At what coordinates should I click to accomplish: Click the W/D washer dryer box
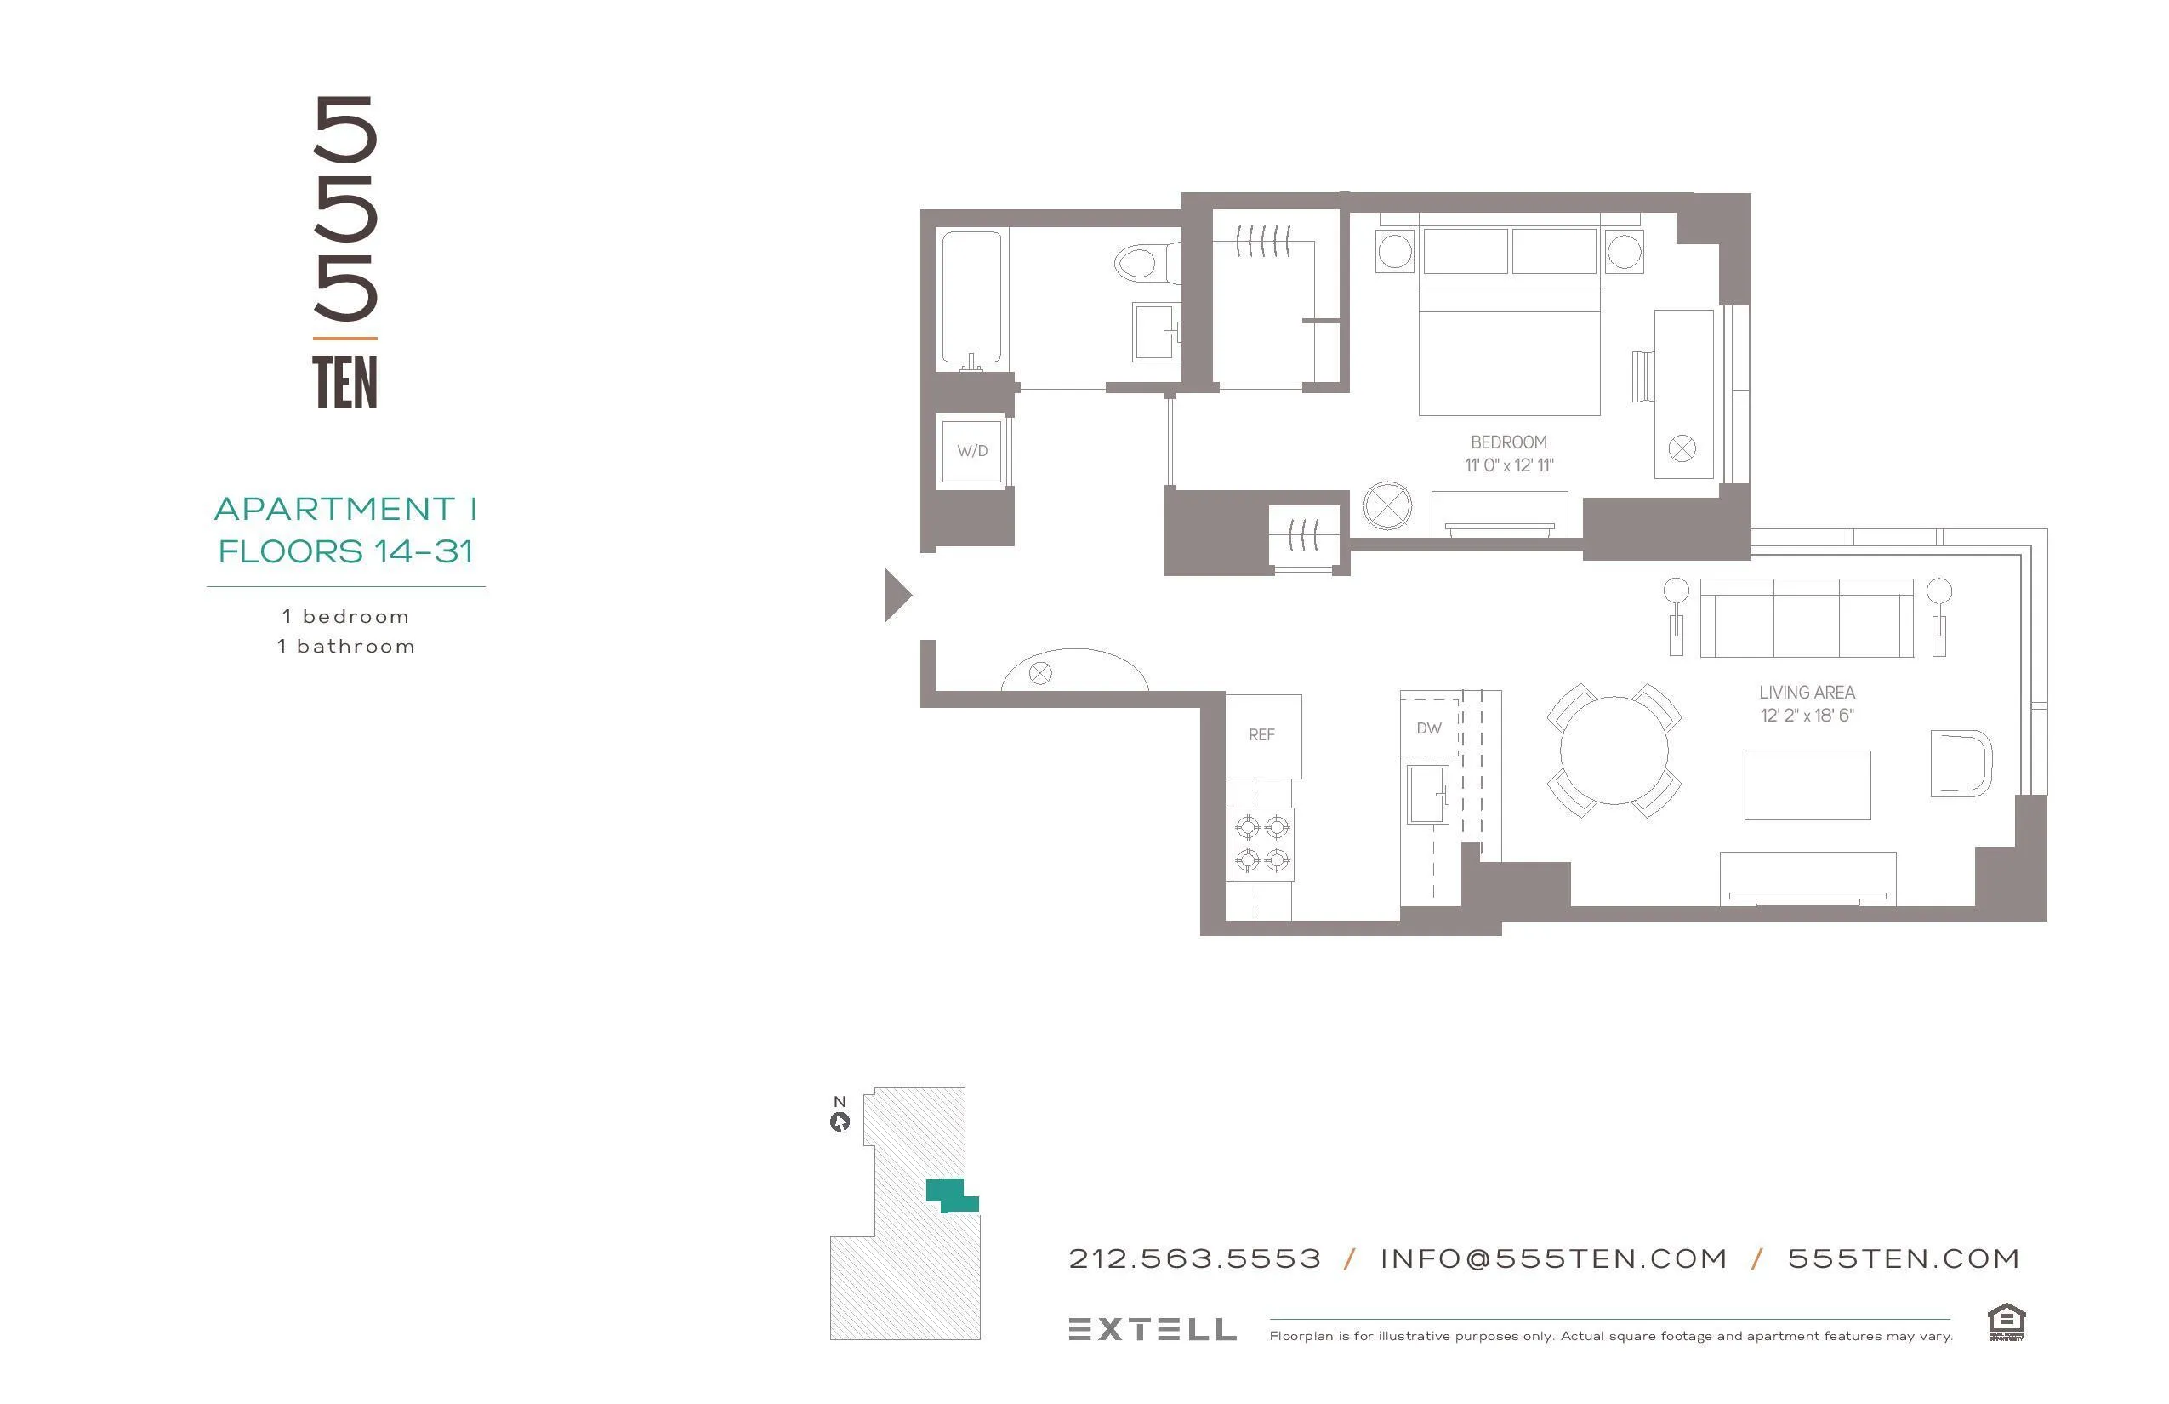pos(971,450)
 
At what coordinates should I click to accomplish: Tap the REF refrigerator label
pos(1261,735)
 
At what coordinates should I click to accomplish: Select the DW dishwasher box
pos(1429,728)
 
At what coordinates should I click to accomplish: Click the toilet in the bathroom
pos(1143,264)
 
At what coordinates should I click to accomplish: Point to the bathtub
pos(971,299)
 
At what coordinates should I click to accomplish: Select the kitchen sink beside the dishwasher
pos(1427,793)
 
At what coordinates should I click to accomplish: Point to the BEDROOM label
pos(1508,442)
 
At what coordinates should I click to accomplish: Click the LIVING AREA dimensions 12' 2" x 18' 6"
pos(1807,716)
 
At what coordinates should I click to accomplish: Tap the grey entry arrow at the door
pos(897,596)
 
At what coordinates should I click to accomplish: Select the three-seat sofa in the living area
pos(1807,618)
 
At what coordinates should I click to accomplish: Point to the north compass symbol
pos(840,1121)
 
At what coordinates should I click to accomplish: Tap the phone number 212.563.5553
pos(1194,1259)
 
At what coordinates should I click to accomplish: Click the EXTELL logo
pos(1152,1329)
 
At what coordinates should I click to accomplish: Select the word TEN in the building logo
pos(344,383)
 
